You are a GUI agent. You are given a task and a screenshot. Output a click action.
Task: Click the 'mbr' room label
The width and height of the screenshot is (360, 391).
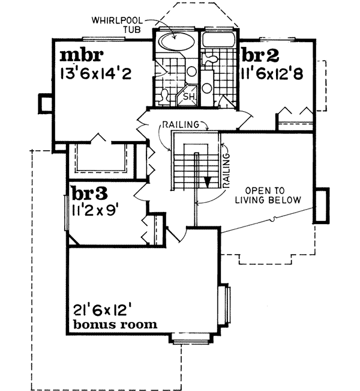click(x=82, y=56)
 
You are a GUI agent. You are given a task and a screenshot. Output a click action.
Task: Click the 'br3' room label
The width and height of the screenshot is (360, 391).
click(x=89, y=193)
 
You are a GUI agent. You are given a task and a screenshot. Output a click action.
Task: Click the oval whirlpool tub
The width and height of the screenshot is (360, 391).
click(x=176, y=43)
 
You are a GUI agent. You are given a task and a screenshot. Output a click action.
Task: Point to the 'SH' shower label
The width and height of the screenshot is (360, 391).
click(x=187, y=96)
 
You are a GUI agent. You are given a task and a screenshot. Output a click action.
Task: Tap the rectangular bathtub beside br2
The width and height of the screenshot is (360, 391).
click(x=219, y=41)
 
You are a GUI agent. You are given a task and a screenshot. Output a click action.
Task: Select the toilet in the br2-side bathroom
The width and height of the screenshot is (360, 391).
click(x=211, y=59)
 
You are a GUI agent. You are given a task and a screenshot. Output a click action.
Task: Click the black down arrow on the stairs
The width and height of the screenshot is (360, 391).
click(x=206, y=183)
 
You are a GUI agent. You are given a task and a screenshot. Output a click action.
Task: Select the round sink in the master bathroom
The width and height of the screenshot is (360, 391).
click(x=191, y=71)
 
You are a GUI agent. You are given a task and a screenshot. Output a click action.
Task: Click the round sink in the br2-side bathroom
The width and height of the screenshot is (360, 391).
click(x=206, y=88)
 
